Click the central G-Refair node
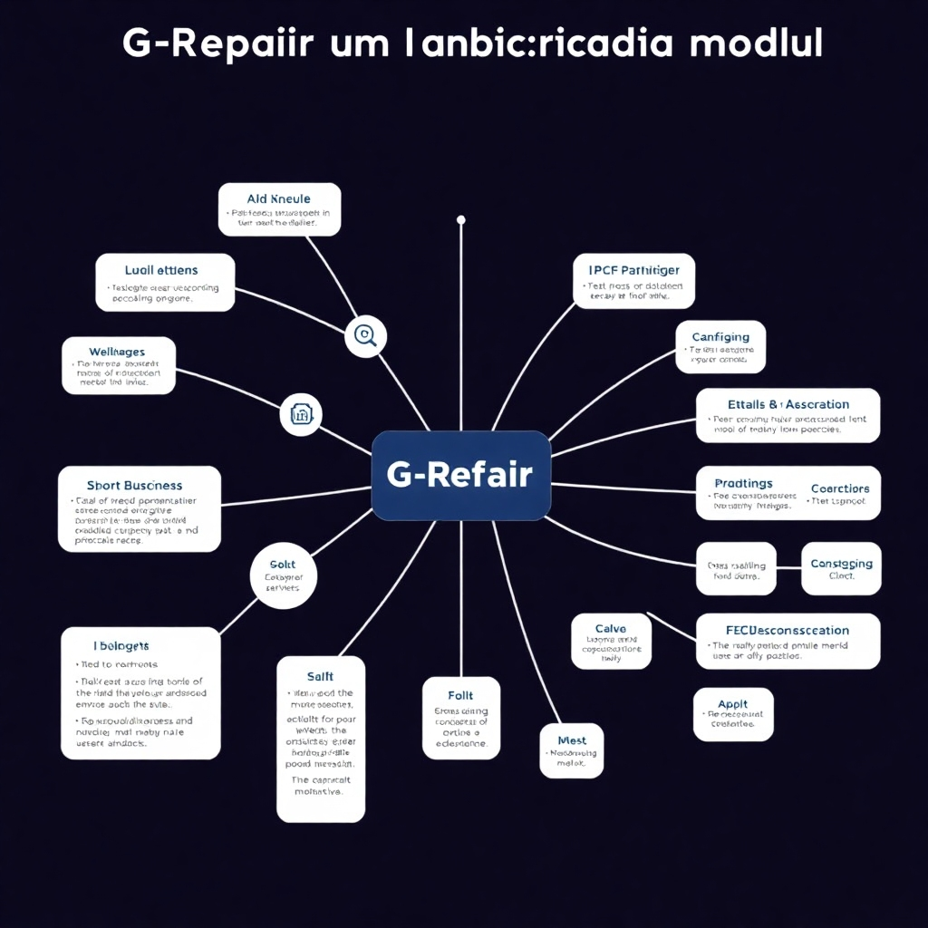(x=460, y=475)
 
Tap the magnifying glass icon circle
(x=365, y=336)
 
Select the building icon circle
(x=301, y=414)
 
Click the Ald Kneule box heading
(x=278, y=198)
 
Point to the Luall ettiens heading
(x=161, y=270)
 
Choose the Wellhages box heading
(x=117, y=352)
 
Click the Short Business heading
(x=135, y=486)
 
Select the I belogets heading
(x=121, y=646)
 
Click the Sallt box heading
(x=320, y=676)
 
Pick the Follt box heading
(x=460, y=695)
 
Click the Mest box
(x=572, y=751)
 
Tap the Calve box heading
(x=610, y=629)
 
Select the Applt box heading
(x=732, y=703)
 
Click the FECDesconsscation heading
(x=788, y=630)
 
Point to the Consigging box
(x=841, y=569)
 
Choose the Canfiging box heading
(x=720, y=337)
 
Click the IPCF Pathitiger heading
(x=633, y=270)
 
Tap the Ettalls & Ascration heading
(x=788, y=404)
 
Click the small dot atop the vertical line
(x=460, y=219)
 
